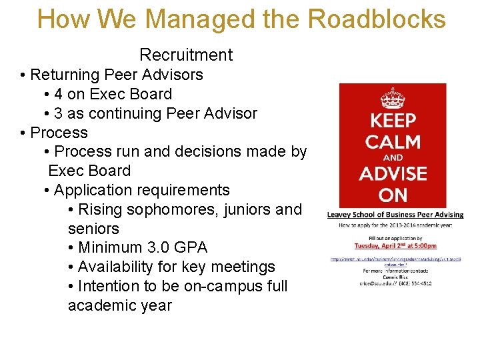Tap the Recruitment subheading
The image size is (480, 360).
(x=186, y=55)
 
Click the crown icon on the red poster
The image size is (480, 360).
(x=392, y=99)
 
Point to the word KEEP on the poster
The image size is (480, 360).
(x=393, y=121)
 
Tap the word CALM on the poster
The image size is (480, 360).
(x=393, y=142)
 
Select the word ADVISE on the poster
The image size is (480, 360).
(x=393, y=175)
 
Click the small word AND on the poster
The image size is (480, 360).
(x=393, y=158)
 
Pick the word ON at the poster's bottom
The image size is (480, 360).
(x=393, y=195)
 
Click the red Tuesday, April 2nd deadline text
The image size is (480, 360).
(x=395, y=245)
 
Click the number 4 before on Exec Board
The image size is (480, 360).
(x=59, y=94)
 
